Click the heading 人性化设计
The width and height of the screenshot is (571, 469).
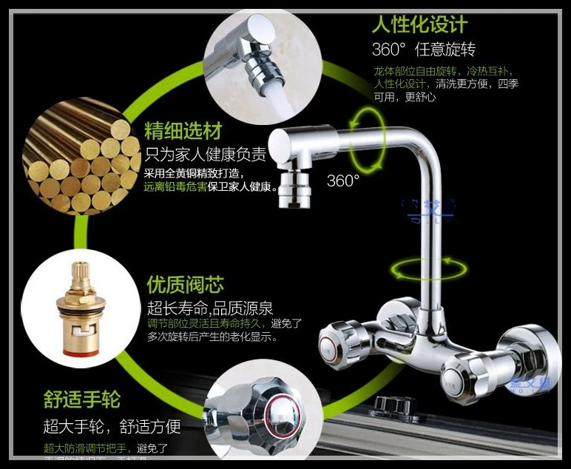pos(419,24)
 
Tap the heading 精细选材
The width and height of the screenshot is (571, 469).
pos(183,132)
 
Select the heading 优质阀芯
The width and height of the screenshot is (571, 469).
pos(185,285)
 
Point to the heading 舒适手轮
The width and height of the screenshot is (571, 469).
pos(81,400)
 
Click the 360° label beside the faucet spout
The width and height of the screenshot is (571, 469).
pos(343,180)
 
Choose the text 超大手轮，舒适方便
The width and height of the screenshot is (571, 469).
pos(112,426)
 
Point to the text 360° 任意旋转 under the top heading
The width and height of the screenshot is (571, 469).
pos(423,50)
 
